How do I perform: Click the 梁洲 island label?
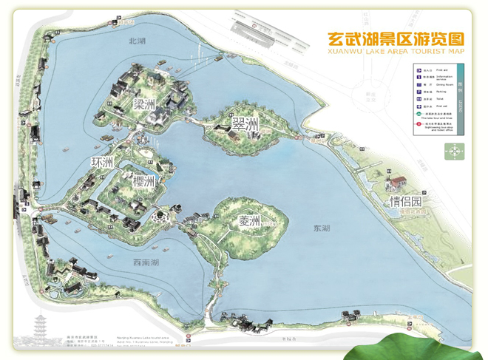(145, 103)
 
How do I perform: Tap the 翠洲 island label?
(245, 124)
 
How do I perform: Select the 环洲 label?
(102, 162)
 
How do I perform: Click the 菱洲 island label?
(250, 221)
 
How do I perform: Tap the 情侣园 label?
(407, 202)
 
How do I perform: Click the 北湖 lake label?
(138, 42)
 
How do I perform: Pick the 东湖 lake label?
(322, 229)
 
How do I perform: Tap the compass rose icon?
(453, 152)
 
